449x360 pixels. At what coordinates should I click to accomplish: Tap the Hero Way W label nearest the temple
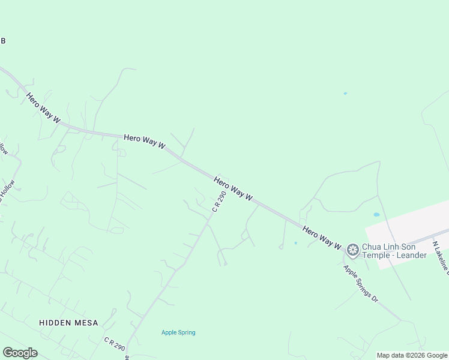tap(322, 238)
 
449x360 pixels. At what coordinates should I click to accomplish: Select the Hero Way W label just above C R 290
tap(234, 188)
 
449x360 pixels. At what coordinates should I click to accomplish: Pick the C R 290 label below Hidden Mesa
tap(114, 344)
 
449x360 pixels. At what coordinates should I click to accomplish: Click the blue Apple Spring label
tap(178, 332)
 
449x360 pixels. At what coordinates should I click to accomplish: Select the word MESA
tap(86, 323)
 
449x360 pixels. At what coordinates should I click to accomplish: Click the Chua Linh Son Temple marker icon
tap(352, 250)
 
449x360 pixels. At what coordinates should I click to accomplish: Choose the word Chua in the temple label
tap(372, 246)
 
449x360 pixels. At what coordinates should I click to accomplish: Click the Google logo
tap(20, 353)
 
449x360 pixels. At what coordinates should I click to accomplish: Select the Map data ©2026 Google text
tap(411, 355)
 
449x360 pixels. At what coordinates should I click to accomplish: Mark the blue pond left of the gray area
tap(376, 214)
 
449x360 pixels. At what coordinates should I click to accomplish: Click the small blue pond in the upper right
tap(345, 93)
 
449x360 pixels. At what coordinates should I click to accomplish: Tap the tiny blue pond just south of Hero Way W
tap(295, 243)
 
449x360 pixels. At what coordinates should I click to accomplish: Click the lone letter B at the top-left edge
tap(2, 41)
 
